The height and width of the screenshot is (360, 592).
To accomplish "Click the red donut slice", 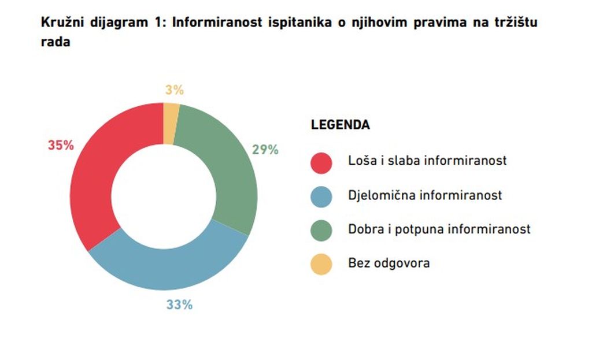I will pyautogui.click(x=98, y=173).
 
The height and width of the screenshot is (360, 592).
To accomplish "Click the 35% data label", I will pyautogui.click(x=61, y=146).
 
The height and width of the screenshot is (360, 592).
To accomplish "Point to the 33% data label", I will pyautogui.click(x=179, y=305).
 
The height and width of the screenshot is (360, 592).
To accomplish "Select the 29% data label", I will pyautogui.click(x=265, y=150).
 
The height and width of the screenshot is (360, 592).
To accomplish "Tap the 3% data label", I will pyautogui.click(x=174, y=90).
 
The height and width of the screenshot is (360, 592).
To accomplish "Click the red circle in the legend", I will pyautogui.click(x=321, y=162).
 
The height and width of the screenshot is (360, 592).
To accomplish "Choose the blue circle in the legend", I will pyautogui.click(x=321, y=196).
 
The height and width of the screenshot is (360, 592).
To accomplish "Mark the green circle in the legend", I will pyautogui.click(x=321, y=231).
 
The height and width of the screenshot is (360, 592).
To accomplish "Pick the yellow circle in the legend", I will pyautogui.click(x=321, y=264).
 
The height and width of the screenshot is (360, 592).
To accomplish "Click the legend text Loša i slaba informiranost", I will pyautogui.click(x=427, y=161).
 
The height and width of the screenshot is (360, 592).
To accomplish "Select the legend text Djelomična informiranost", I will pyautogui.click(x=425, y=195).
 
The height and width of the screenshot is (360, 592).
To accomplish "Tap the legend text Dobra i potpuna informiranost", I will pyautogui.click(x=439, y=229).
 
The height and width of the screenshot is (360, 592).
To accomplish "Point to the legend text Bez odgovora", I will pyautogui.click(x=389, y=263).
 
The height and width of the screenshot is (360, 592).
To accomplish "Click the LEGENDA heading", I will pyautogui.click(x=341, y=125).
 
